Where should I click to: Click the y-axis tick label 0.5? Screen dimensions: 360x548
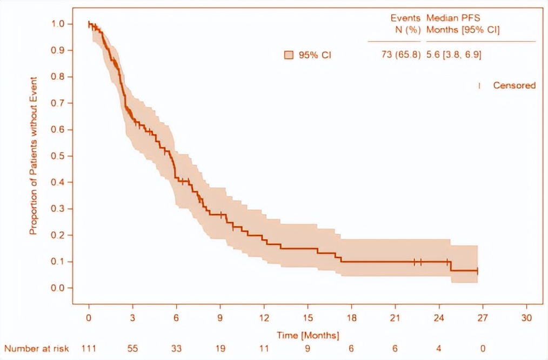58,156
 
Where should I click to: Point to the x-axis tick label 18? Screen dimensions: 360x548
352,317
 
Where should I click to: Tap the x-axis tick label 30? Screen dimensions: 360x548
527,317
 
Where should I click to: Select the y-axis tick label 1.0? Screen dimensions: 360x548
58,24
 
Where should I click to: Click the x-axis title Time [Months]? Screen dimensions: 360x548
308,336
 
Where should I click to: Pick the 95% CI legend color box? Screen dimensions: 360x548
289,55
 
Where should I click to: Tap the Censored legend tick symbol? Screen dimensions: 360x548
479,85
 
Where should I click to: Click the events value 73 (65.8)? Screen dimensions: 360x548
401,55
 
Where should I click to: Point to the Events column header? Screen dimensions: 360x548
406,18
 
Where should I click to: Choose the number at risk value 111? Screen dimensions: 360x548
89,349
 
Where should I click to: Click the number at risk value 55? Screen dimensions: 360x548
133,349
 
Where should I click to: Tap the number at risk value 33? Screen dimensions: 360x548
177,349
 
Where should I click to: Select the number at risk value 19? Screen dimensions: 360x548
220,349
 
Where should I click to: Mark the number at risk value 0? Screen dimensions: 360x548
483,349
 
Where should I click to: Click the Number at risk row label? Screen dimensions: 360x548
37,349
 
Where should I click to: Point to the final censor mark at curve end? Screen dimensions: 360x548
477,271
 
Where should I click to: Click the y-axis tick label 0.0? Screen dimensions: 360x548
58,288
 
